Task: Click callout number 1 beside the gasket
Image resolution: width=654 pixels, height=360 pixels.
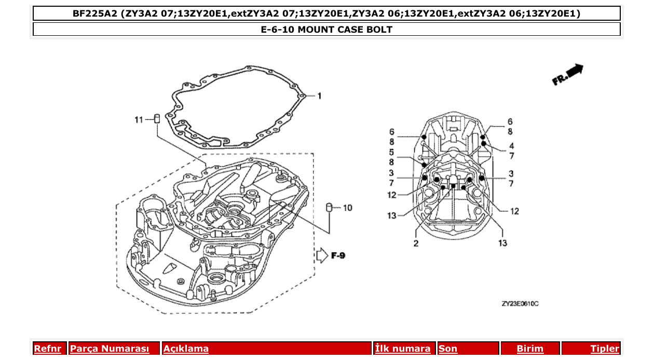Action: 320,96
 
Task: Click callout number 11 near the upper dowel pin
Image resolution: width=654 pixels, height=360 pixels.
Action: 138,120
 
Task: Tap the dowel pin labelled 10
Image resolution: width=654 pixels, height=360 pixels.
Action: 329,207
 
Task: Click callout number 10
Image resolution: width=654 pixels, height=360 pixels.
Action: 347,208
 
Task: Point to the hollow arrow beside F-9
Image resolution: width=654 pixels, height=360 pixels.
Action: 322,255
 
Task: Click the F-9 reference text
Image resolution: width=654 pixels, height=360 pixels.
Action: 338,255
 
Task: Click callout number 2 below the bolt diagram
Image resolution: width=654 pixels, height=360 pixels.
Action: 416,243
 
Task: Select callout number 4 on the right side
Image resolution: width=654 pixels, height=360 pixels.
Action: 511,146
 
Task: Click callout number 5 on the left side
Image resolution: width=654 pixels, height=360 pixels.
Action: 392,152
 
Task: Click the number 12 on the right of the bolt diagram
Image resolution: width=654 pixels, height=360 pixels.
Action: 514,211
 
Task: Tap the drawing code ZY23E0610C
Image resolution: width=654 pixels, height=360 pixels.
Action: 520,303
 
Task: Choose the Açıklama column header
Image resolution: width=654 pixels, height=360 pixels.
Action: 186,349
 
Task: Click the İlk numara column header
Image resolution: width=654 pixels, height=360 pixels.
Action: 403,349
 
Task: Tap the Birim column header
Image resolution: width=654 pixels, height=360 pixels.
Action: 530,349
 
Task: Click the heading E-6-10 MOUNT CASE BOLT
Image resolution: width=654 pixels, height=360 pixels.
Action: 326,30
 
